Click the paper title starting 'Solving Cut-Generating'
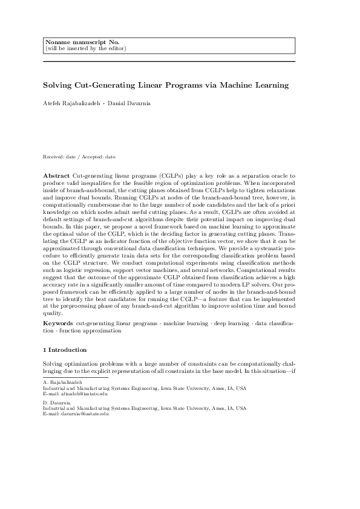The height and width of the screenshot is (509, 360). [165, 85]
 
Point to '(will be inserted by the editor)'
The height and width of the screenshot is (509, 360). [85, 48]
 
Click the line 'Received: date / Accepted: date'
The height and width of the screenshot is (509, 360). [79, 157]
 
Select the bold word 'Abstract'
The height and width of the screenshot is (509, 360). [56, 175]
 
